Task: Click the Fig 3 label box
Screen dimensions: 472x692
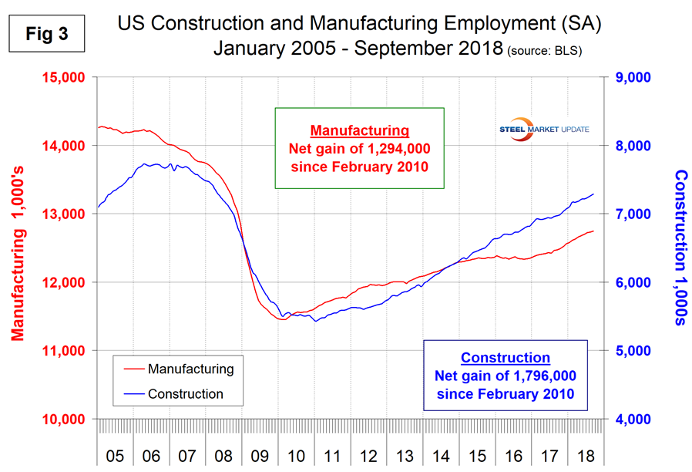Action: coord(44,35)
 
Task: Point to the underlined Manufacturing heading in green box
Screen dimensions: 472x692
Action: coord(359,130)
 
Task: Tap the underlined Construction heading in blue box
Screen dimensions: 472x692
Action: coord(506,358)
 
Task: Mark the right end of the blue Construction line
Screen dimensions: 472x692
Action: coord(593,194)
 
